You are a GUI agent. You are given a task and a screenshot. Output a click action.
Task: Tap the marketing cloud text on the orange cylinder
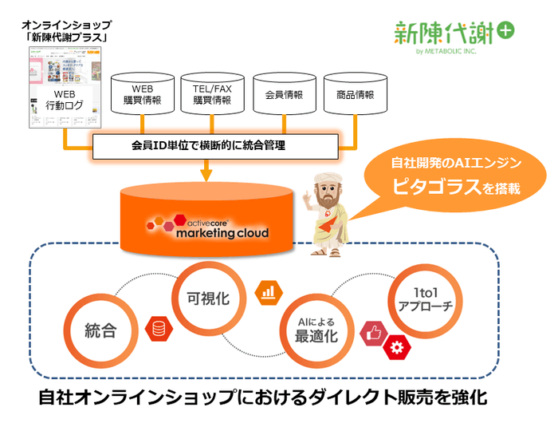222,233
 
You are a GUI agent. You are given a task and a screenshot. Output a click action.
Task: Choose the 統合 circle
101,329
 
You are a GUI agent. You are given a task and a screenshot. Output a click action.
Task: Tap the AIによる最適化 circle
317,329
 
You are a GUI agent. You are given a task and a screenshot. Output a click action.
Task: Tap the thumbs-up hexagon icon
372,334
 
